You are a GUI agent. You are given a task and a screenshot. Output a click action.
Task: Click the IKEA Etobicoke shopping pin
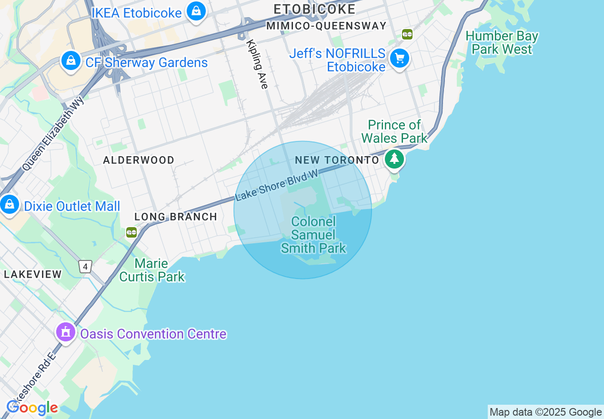[x=196, y=11]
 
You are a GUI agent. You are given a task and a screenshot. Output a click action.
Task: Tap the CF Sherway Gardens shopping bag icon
[x=70, y=61]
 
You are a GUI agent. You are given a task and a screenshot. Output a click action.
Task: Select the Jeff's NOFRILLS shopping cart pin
[x=399, y=59]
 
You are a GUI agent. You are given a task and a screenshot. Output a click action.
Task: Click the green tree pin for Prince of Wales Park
[x=394, y=159]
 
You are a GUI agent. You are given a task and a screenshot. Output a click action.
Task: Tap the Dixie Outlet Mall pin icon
[x=9, y=205]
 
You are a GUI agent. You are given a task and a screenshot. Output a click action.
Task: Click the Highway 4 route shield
[x=85, y=267]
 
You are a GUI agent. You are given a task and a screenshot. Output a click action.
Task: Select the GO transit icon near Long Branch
[x=131, y=232]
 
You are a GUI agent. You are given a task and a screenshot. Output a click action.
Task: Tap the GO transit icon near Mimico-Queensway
[x=407, y=34]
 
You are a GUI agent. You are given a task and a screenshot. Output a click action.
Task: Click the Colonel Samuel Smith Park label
[x=313, y=235]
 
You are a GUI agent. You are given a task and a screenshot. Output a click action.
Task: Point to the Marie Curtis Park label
[x=151, y=270]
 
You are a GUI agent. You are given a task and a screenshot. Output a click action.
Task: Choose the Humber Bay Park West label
[x=502, y=42]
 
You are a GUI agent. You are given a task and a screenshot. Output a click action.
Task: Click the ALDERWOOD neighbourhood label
[x=139, y=160]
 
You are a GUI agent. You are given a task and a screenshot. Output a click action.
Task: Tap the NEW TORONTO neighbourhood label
[x=337, y=160]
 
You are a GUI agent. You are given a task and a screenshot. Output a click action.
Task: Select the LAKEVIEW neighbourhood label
[x=33, y=274]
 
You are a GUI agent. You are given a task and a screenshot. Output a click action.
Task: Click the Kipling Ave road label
[x=258, y=64]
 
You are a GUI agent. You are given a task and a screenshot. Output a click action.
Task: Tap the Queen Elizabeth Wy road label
[x=53, y=133]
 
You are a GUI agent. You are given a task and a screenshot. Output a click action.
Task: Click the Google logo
[x=32, y=408]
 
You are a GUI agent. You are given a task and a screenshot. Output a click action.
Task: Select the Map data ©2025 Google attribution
[x=545, y=412]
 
